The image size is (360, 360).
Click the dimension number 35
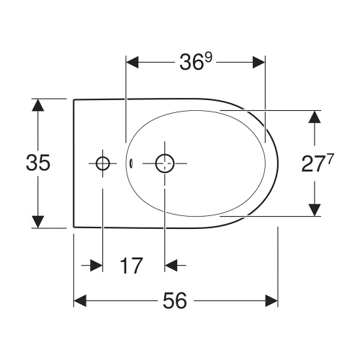pyautogui.click(x=37, y=163)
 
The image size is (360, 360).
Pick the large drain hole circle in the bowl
pyautogui.click(x=165, y=163)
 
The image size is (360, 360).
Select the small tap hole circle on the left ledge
pyautogui.click(x=102, y=163)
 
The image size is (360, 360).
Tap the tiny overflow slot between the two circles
pyautogui.click(x=132, y=163)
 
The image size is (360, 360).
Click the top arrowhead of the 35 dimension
pyautogui.click(x=37, y=106)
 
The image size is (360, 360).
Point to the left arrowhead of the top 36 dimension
pyautogui.click(x=133, y=63)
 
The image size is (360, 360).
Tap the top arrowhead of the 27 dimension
pyautogui.click(x=314, y=117)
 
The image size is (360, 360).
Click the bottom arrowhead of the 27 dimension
pyautogui.click(x=314, y=209)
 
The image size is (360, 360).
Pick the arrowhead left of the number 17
pyautogui.click(x=96, y=266)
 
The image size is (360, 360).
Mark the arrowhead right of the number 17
pyautogui.click(x=171, y=266)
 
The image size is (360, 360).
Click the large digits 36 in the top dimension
pyautogui.click(x=192, y=63)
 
